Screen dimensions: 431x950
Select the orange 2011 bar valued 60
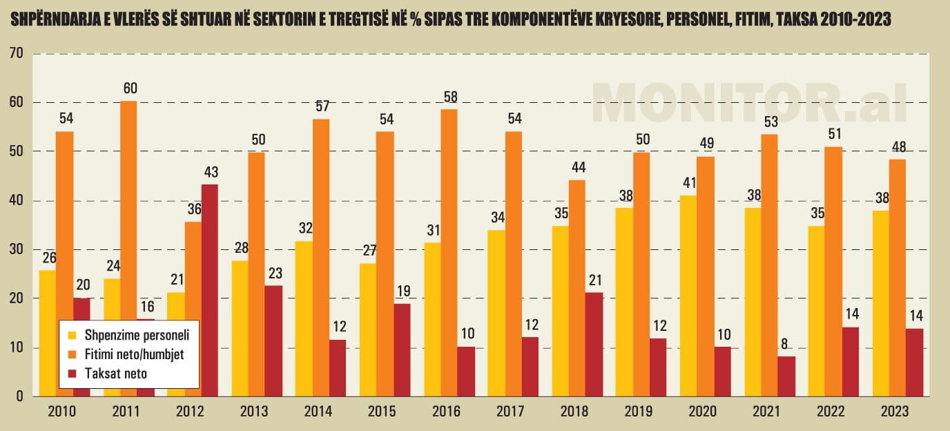click(128, 249)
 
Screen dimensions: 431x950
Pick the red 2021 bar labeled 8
click(786, 376)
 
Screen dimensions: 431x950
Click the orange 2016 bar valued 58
click(449, 253)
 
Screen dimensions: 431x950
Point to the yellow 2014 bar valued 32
click(303, 318)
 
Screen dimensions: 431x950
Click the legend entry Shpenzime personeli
click(131, 336)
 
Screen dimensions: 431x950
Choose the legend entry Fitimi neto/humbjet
click(132, 354)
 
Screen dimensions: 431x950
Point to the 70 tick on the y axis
click(17, 53)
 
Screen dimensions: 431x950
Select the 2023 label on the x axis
click(895, 412)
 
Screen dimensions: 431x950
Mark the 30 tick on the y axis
click(17, 249)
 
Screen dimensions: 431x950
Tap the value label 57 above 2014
click(321, 107)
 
